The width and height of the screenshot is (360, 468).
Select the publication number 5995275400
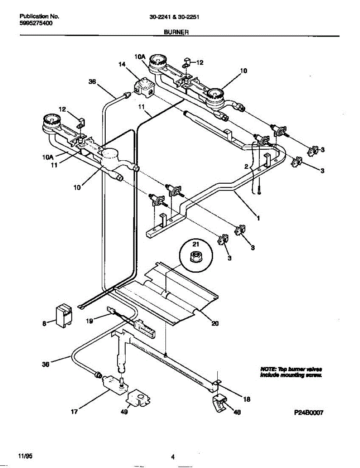point(36,23)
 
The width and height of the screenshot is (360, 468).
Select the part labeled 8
point(64,315)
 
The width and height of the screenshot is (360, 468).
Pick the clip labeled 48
point(220,402)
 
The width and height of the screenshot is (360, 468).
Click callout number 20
point(215,323)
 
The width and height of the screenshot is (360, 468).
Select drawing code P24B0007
point(309,412)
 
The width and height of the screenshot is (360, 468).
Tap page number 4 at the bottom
point(172,457)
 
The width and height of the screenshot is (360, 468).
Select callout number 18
point(246,399)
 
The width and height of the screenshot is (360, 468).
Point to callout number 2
point(246,167)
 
